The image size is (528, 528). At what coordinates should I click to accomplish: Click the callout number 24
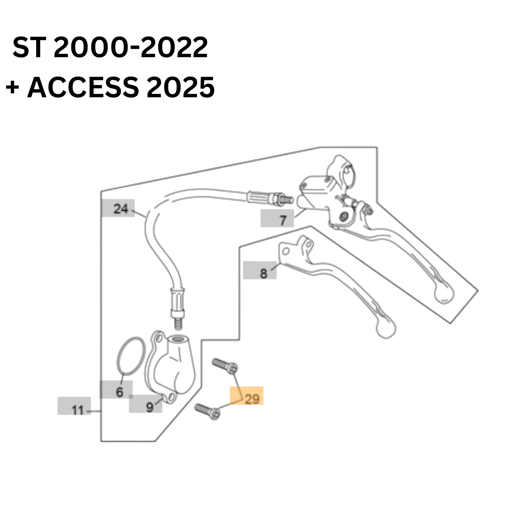coord(121,209)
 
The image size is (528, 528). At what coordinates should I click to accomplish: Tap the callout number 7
coord(283,220)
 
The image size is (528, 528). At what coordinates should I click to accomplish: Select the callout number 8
coord(264,273)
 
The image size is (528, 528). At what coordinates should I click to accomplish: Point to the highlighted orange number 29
coord(252,399)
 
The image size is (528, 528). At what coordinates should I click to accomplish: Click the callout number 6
coord(120,392)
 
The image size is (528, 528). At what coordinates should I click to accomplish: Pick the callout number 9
coord(150,407)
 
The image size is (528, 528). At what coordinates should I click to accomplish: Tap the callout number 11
coord(77,410)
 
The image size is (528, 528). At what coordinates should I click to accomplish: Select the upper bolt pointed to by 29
coord(224,366)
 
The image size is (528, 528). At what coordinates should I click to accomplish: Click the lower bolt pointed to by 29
coord(207,411)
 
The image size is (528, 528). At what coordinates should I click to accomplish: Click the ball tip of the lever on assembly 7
coord(444,293)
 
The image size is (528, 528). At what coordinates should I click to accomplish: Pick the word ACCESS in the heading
coord(83,87)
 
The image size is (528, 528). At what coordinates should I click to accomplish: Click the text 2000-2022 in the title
coord(131,47)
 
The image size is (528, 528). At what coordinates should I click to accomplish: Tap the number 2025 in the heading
coord(180,87)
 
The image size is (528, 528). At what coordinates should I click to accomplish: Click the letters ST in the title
coord(29,47)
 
